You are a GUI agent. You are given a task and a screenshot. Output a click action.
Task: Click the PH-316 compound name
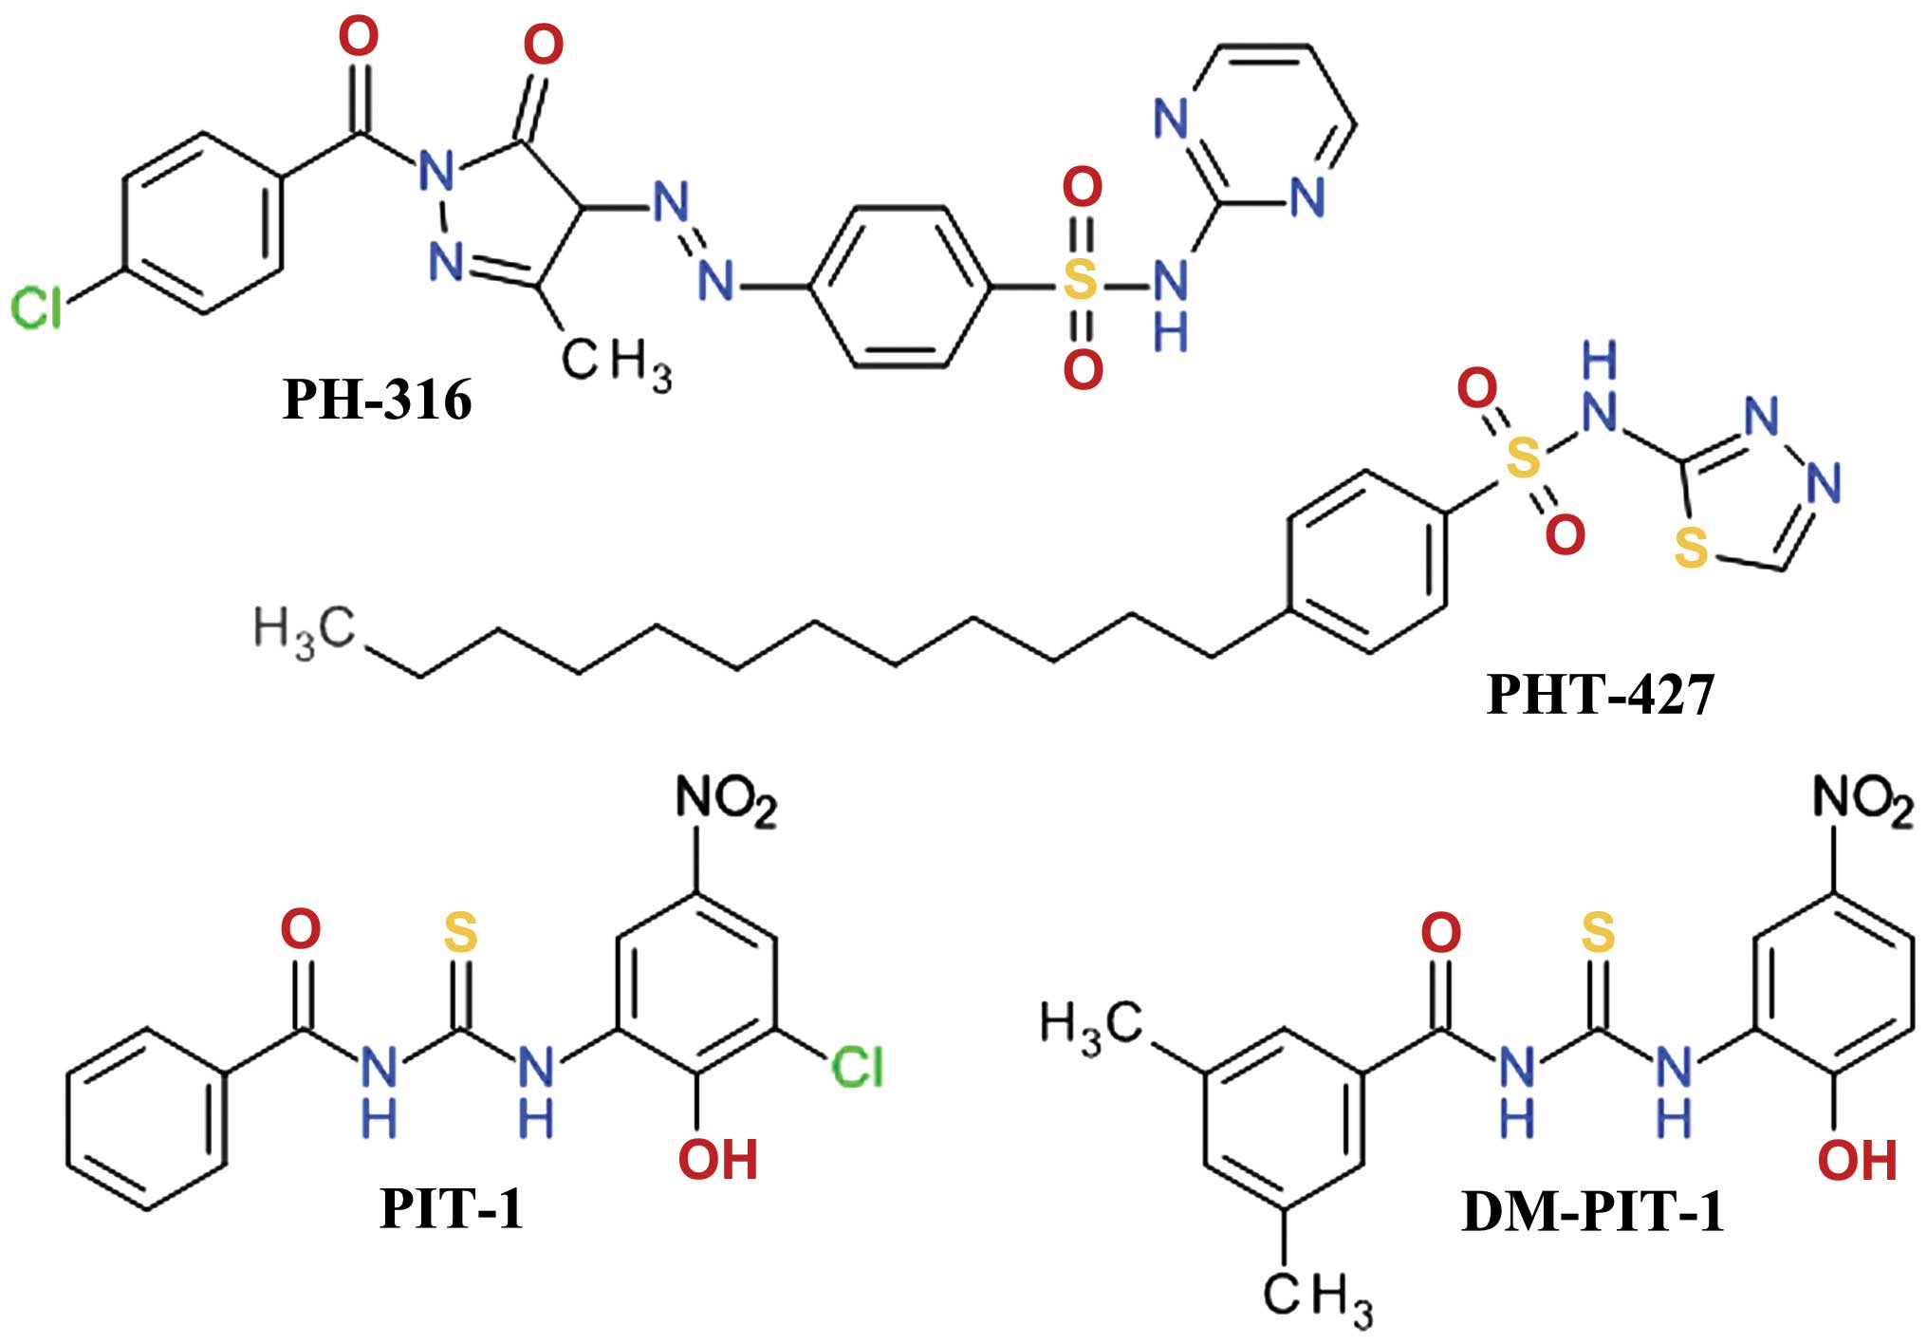[377, 400]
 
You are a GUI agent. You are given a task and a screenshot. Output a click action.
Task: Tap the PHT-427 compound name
[1601, 694]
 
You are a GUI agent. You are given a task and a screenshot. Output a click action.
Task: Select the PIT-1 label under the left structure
[451, 1209]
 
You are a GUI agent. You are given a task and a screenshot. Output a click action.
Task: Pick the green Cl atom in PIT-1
[857, 1068]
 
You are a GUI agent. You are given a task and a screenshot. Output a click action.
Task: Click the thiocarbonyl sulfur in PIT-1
[460, 932]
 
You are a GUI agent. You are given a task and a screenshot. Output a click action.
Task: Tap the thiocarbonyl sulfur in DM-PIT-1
[1598, 932]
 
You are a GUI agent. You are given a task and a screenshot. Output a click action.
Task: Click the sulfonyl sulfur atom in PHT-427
[1522, 458]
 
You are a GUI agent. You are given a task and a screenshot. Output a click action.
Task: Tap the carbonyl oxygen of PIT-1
[301, 929]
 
